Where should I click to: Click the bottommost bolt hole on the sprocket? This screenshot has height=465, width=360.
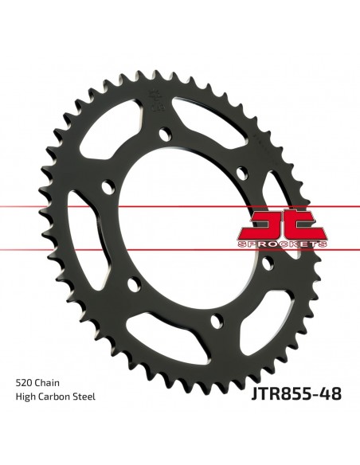tap(213, 321)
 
